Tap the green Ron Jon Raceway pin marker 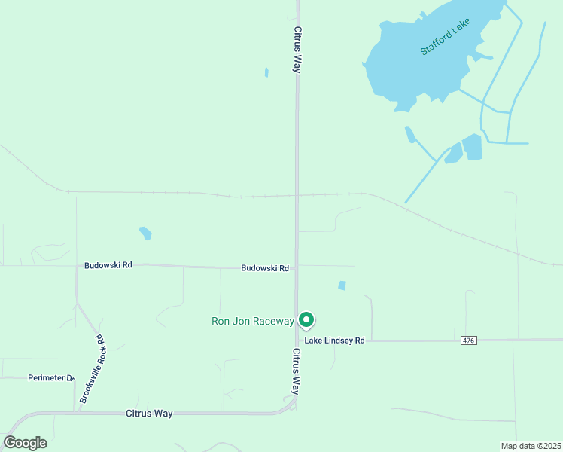(306, 320)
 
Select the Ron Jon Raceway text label (252, 322)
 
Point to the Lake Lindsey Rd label (334, 341)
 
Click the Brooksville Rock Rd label (90, 369)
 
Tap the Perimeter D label (50, 378)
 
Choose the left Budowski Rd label (108, 265)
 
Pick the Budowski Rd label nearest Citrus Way (265, 268)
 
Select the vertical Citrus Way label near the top (298, 50)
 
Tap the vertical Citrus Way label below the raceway (297, 371)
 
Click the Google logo (25, 443)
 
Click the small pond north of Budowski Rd (145, 233)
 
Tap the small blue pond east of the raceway (342, 286)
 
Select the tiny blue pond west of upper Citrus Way (266, 72)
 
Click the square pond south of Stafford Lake (472, 146)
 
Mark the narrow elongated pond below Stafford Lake (410, 135)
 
